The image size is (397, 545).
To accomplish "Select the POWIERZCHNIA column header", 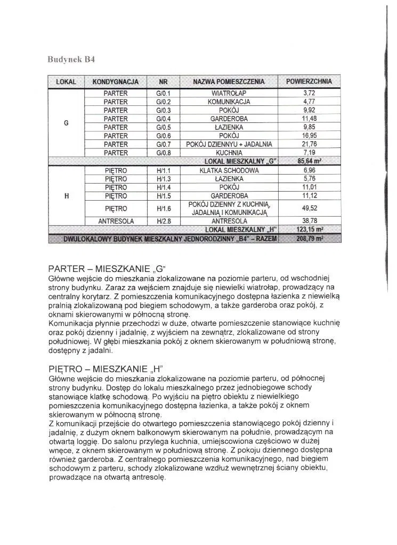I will (x=309, y=82).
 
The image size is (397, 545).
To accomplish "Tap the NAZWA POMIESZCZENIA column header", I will (x=229, y=82).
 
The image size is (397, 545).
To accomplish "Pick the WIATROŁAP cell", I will (x=229, y=93).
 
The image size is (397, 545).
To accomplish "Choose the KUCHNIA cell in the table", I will (x=229, y=153).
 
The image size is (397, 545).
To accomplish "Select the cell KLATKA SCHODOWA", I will (x=229, y=170).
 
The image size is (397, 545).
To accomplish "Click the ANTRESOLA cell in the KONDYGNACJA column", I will (x=115, y=221).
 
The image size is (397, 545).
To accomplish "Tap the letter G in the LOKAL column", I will (x=66, y=123).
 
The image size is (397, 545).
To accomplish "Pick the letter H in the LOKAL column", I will (x=66, y=196).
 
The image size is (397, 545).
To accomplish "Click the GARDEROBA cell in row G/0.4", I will (x=229, y=118).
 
